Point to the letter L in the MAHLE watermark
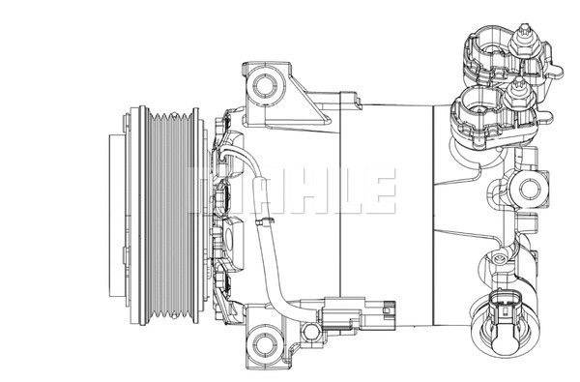(x=340, y=191)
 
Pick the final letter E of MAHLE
(x=377, y=191)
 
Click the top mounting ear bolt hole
(x=264, y=86)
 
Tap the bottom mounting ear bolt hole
(x=264, y=340)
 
